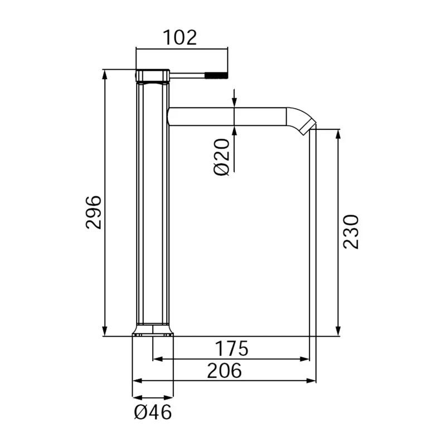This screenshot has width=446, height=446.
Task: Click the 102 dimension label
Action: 180,38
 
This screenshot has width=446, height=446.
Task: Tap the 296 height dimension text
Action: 94,212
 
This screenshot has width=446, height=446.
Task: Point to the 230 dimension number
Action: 351,231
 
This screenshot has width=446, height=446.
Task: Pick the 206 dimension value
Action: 224,370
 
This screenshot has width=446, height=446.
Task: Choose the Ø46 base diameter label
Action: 153,413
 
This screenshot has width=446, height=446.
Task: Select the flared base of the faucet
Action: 153,331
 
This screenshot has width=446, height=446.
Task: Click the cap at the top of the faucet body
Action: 153,75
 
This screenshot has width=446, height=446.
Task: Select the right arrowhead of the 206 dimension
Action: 312,381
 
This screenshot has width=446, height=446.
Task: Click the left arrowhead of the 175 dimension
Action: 157,359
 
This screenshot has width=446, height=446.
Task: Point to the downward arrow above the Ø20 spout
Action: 234,103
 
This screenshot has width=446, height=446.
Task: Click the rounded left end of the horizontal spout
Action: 170,117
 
